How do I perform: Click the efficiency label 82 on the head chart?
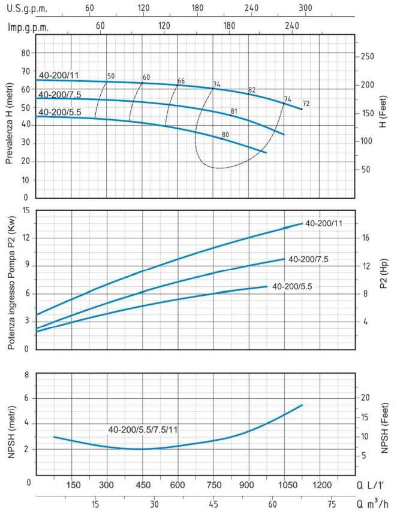point(252,90)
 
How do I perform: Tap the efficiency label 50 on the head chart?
point(110,76)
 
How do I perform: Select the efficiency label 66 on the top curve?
point(181,81)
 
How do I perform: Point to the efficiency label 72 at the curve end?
point(306,104)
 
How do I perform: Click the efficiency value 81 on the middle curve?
point(234,111)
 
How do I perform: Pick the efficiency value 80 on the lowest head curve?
point(225,135)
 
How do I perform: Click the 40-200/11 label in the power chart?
point(323,223)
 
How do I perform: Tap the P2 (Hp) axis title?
point(384,279)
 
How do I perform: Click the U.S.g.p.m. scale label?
point(27,9)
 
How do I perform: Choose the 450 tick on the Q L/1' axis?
point(142,484)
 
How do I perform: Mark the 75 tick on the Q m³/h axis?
point(331,505)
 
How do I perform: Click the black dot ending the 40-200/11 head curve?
point(302,109)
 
